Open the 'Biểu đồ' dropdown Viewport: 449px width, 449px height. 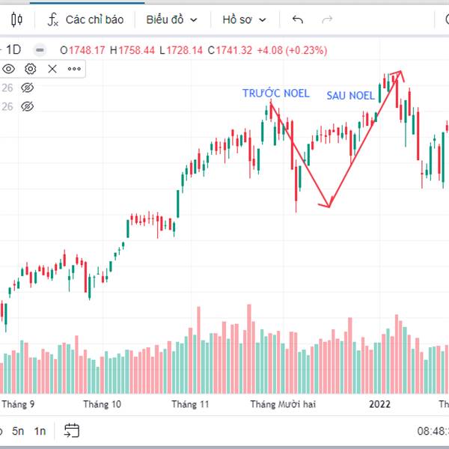tap(171, 19)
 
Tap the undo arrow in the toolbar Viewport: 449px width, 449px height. tap(298, 19)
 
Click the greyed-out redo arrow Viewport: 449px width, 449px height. tap(326, 19)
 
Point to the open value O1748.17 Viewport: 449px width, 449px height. tap(82, 50)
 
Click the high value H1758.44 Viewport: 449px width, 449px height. tap(132, 50)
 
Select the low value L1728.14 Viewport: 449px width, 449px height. tap(181, 50)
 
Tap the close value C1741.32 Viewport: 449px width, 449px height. tap(229, 50)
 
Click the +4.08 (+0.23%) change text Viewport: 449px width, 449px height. tap(291, 50)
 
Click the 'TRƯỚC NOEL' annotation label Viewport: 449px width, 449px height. tap(275, 94)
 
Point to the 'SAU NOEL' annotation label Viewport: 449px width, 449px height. tap(350, 96)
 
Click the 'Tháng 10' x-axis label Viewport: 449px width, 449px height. tap(103, 404)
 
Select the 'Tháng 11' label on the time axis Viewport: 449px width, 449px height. tap(190, 404)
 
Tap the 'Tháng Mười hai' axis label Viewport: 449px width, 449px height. tap(284, 404)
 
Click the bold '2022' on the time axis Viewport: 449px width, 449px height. tap(380, 404)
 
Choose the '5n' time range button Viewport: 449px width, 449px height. tap(17, 430)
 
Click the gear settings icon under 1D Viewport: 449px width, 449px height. tap(31, 69)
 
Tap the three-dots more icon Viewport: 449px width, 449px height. tap(74, 69)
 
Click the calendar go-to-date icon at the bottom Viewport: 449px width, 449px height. tap(72, 430)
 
